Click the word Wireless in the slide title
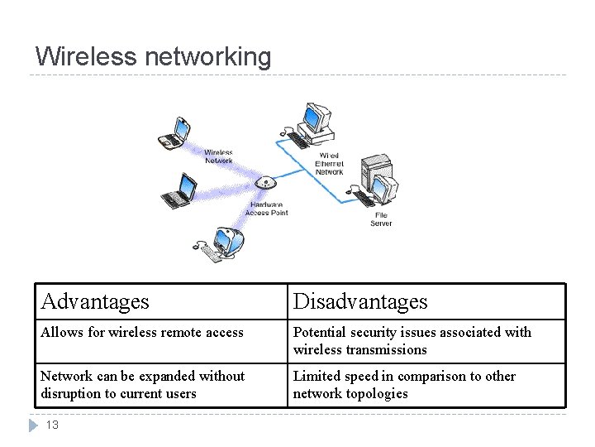pos(87,56)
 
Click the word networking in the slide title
pos(207,57)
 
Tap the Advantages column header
pos(95,301)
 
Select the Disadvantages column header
pos(360,301)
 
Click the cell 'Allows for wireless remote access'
pos(142,332)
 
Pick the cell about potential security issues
pos(412,340)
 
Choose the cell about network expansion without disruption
pos(142,384)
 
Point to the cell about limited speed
pos(404,384)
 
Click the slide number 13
pos(51,425)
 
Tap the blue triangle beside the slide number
pos(33,425)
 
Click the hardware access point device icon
pos(264,183)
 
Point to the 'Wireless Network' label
pos(218,156)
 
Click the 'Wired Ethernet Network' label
pos(329,164)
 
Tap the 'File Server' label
pos(380,219)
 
